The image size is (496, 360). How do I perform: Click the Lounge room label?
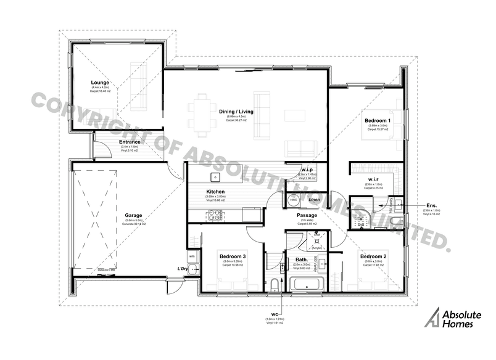tap(99, 83)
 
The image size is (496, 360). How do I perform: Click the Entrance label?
tap(130, 142)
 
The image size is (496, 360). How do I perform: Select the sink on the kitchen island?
tap(215, 178)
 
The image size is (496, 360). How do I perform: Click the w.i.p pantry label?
tap(308, 170)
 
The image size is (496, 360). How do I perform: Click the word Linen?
tap(313, 200)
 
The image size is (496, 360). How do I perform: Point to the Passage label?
tap(307, 215)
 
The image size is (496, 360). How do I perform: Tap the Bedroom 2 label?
tap(373, 256)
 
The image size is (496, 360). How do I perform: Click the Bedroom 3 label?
tap(233, 256)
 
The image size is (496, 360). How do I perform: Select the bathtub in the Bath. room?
tap(307, 284)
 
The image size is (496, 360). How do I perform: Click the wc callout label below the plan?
tap(274, 313)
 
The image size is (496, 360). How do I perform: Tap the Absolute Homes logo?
tap(453, 318)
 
